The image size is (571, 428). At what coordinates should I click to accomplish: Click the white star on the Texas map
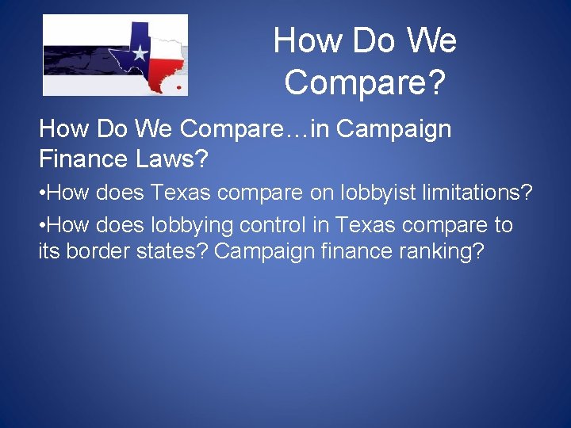140,53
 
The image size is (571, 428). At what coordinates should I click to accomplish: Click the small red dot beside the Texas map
179,86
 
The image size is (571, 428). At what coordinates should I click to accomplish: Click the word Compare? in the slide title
365,82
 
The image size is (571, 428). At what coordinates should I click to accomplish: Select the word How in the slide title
303,41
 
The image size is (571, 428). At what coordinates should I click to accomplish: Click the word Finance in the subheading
82,159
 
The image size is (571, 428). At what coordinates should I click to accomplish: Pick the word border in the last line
94,253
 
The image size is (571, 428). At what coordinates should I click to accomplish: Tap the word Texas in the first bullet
181,193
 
